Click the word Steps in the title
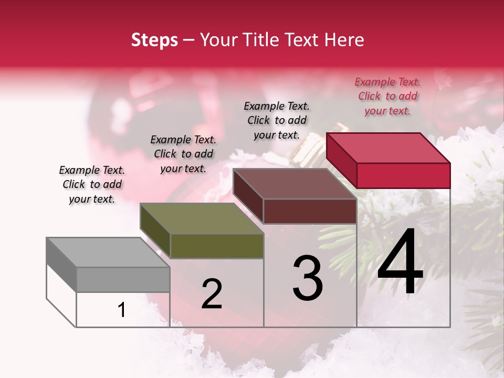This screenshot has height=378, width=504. (x=154, y=40)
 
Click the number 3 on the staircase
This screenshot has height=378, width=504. (x=308, y=278)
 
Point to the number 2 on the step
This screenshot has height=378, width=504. (x=212, y=293)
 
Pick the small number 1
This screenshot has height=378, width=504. (x=122, y=310)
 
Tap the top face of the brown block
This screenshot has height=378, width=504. (x=294, y=184)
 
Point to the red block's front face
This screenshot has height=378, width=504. (x=403, y=175)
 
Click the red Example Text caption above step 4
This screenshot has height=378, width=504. (x=387, y=96)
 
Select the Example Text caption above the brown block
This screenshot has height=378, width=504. (x=277, y=120)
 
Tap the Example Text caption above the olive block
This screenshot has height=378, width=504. (x=183, y=154)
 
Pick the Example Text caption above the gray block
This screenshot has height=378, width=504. (x=92, y=184)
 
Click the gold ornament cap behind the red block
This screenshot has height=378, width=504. (x=313, y=144)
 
